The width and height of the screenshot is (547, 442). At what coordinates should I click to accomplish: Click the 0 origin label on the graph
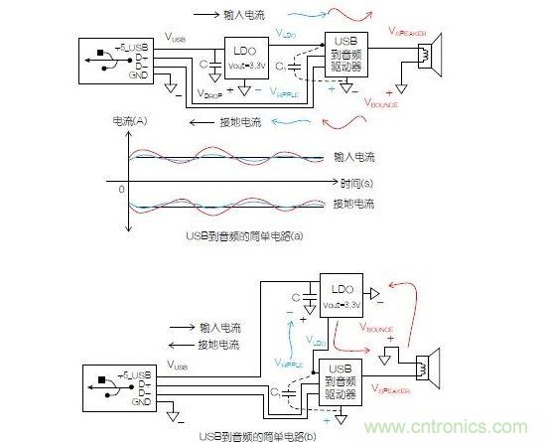[120, 187]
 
